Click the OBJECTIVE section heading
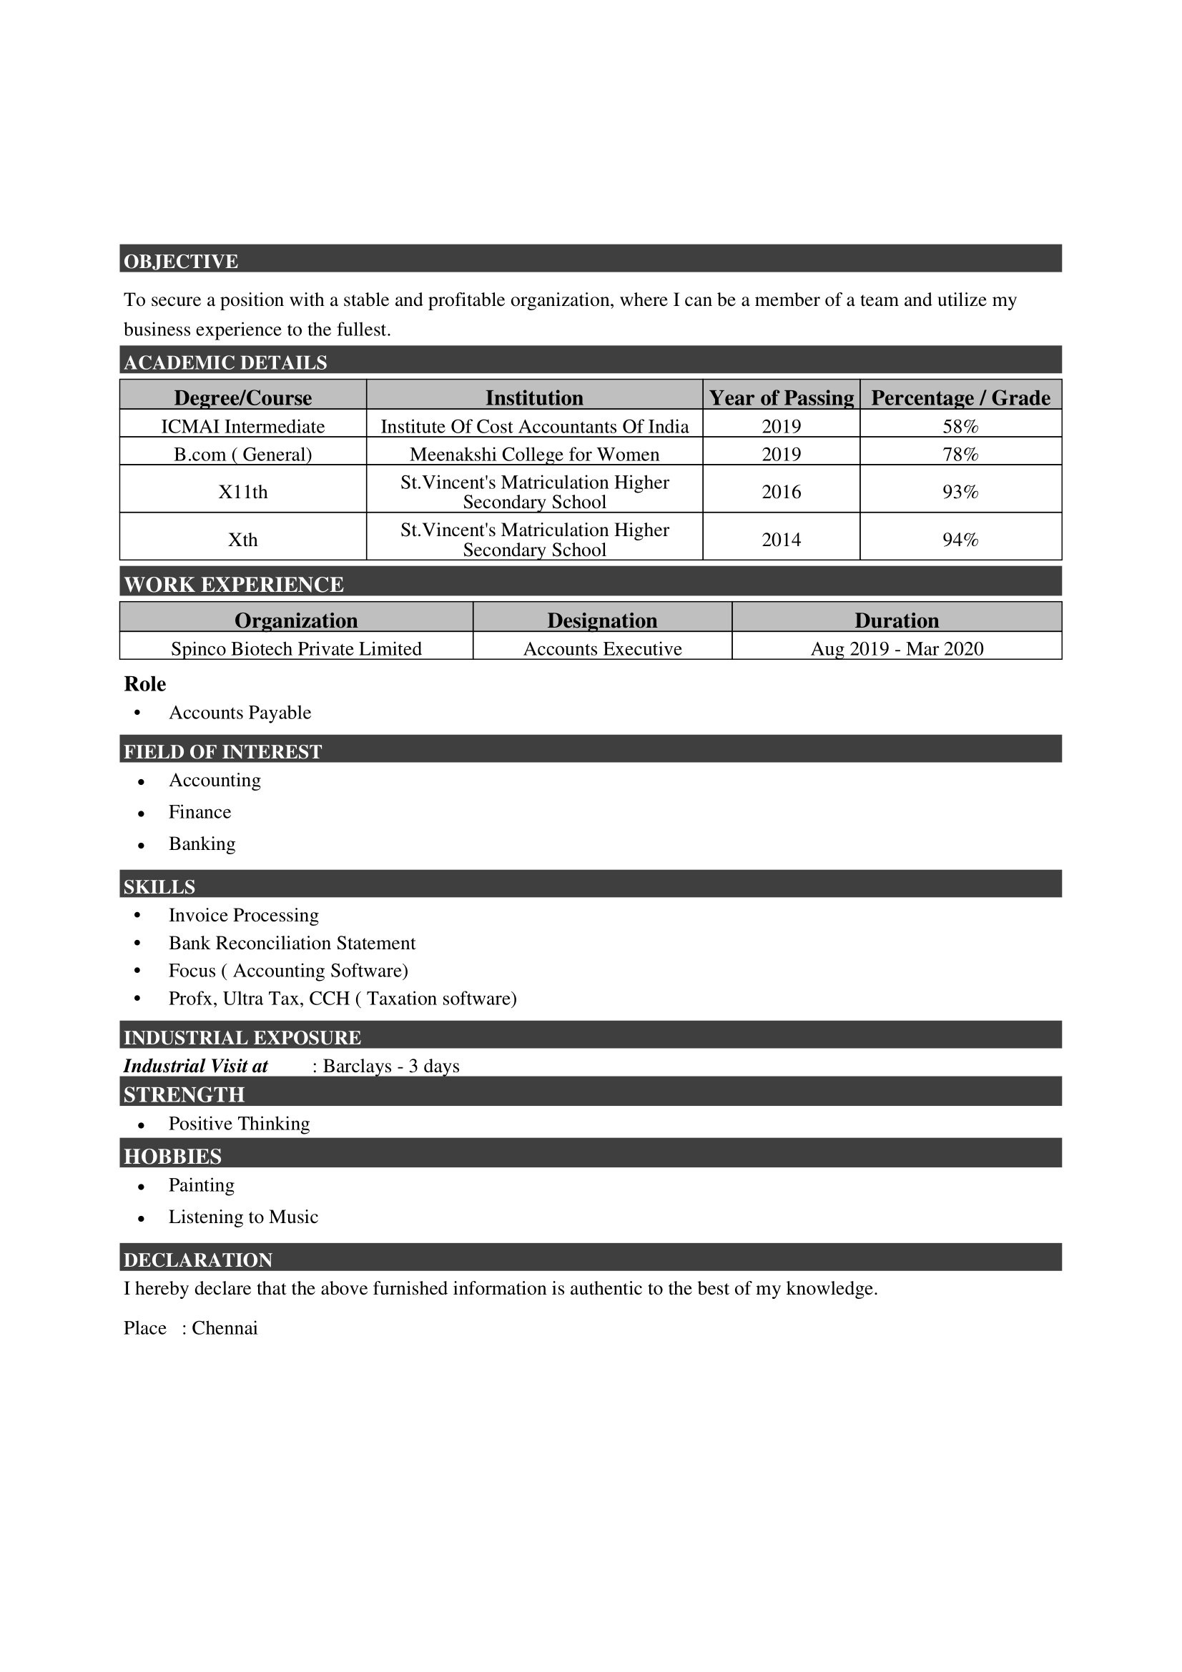tap(181, 262)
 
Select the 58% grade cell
tap(960, 426)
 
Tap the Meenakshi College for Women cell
tap(534, 455)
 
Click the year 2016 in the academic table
tap(781, 493)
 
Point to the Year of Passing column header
tap(781, 397)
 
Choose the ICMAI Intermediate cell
tap(242, 426)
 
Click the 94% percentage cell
tap(960, 540)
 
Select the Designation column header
tap(601, 620)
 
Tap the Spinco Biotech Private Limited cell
tap(296, 649)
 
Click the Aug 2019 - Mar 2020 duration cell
tap(897, 649)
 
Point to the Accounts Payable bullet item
tap(240, 712)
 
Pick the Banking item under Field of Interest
tap(202, 844)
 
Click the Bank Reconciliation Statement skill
tap(291, 943)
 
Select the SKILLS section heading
tap(159, 887)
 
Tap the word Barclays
tap(356, 1066)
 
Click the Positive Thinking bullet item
tap(239, 1124)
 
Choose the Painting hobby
tap(201, 1184)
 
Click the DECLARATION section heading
tap(197, 1260)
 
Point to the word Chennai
tap(225, 1328)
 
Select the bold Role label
tap(145, 684)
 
